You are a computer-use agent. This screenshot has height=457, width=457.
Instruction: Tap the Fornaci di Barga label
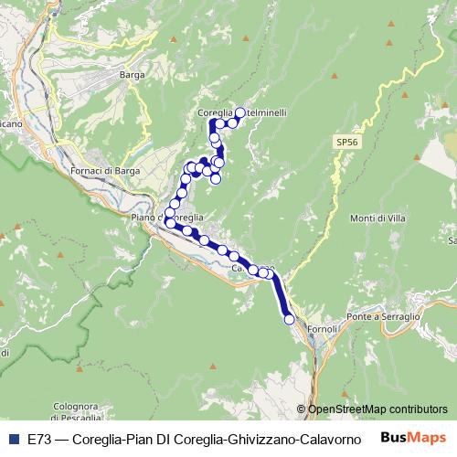click(x=103, y=170)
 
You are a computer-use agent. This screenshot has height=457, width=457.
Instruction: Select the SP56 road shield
click(x=346, y=143)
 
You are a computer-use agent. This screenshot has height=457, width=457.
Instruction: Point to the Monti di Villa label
click(x=377, y=218)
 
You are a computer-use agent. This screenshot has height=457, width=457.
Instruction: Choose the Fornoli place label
click(x=323, y=327)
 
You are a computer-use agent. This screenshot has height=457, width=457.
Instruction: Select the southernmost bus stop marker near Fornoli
click(x=290, y=319)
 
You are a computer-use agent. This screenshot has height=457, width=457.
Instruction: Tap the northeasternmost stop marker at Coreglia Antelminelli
click(x=240, y=112)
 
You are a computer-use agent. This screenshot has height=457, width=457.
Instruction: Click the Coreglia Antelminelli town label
click(x=241, y=112)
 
